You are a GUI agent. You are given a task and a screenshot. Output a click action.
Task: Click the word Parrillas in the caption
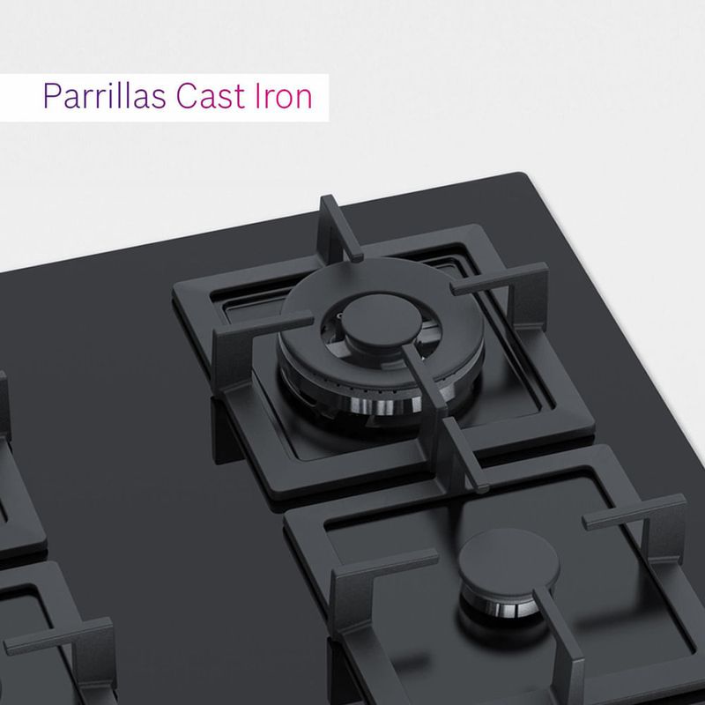[x=104, y=95]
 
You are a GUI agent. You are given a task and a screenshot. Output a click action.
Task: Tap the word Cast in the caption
[x=211, y=95]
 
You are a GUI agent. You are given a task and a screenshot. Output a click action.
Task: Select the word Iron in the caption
[x=284, y=95]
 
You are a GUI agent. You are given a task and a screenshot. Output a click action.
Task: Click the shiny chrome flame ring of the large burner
[x=382, y=404]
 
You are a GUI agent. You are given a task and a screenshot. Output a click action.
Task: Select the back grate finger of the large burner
[x=339, y=229]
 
